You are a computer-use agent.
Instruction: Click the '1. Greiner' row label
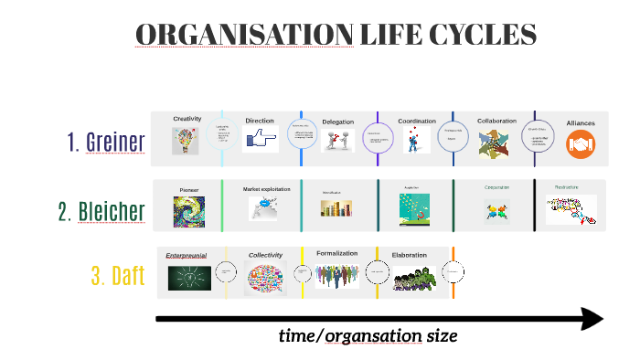105,142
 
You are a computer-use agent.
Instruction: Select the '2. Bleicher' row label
101,212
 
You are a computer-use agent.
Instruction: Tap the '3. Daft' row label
117,276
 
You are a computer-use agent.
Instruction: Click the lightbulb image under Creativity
186,141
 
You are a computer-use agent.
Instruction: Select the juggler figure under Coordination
416,140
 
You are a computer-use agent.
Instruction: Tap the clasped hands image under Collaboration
496,143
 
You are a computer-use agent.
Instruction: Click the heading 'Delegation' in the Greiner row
337,122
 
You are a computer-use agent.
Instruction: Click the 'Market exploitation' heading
266,189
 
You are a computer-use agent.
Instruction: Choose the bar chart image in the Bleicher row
336,208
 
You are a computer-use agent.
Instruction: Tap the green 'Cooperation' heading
497,187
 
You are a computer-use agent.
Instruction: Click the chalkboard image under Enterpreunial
188,275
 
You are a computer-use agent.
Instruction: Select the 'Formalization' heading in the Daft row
336,253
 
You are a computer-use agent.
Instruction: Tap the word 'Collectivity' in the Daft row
265,255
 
